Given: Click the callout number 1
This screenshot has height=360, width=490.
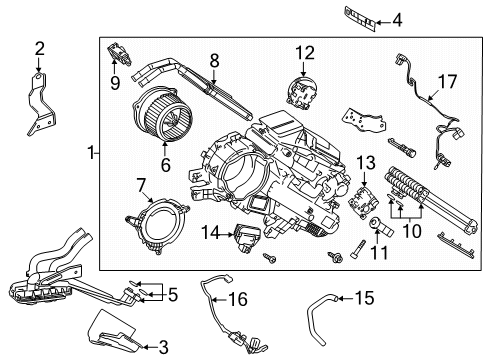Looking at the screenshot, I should pyautogui.click(x=91, y=153).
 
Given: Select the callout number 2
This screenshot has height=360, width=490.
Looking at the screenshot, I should pyautogui.click(x=40, y=47).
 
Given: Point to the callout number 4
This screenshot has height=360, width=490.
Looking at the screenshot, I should pyautogui.click(x=398, y=19).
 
